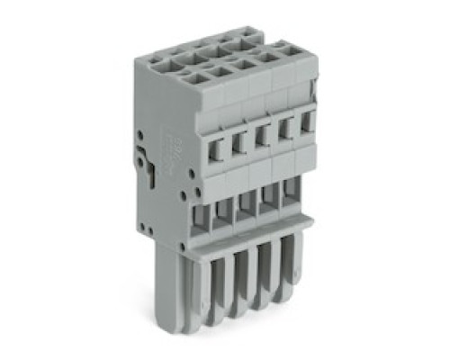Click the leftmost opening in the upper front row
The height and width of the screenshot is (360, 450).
218,144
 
